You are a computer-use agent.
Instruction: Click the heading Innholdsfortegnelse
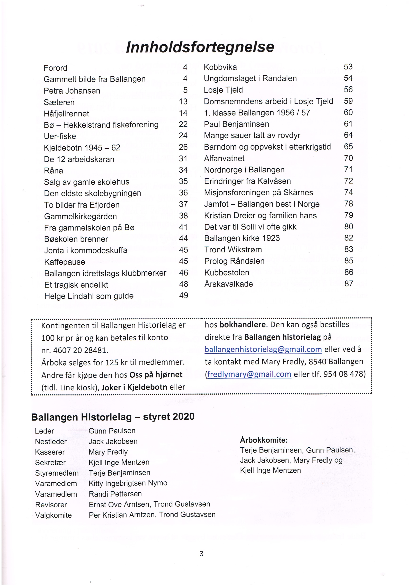coord(200,47)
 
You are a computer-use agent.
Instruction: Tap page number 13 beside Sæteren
coord(183,102)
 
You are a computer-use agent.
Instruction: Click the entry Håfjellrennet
coord(67,114)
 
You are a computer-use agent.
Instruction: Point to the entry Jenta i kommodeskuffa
coord(86,250)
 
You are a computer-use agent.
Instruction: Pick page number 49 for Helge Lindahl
coord(183,296)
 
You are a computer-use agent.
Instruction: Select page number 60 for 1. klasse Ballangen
coord(348,112)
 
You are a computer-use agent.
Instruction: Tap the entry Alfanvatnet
coord(224,158)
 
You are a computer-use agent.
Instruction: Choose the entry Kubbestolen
coord(227,273)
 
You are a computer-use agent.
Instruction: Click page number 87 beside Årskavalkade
coord(349,284)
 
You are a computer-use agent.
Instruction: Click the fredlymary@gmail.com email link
coord(249,374)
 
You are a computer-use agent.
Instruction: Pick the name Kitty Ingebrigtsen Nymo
coord(128,483)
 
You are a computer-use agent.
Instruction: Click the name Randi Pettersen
coord(115,494)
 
